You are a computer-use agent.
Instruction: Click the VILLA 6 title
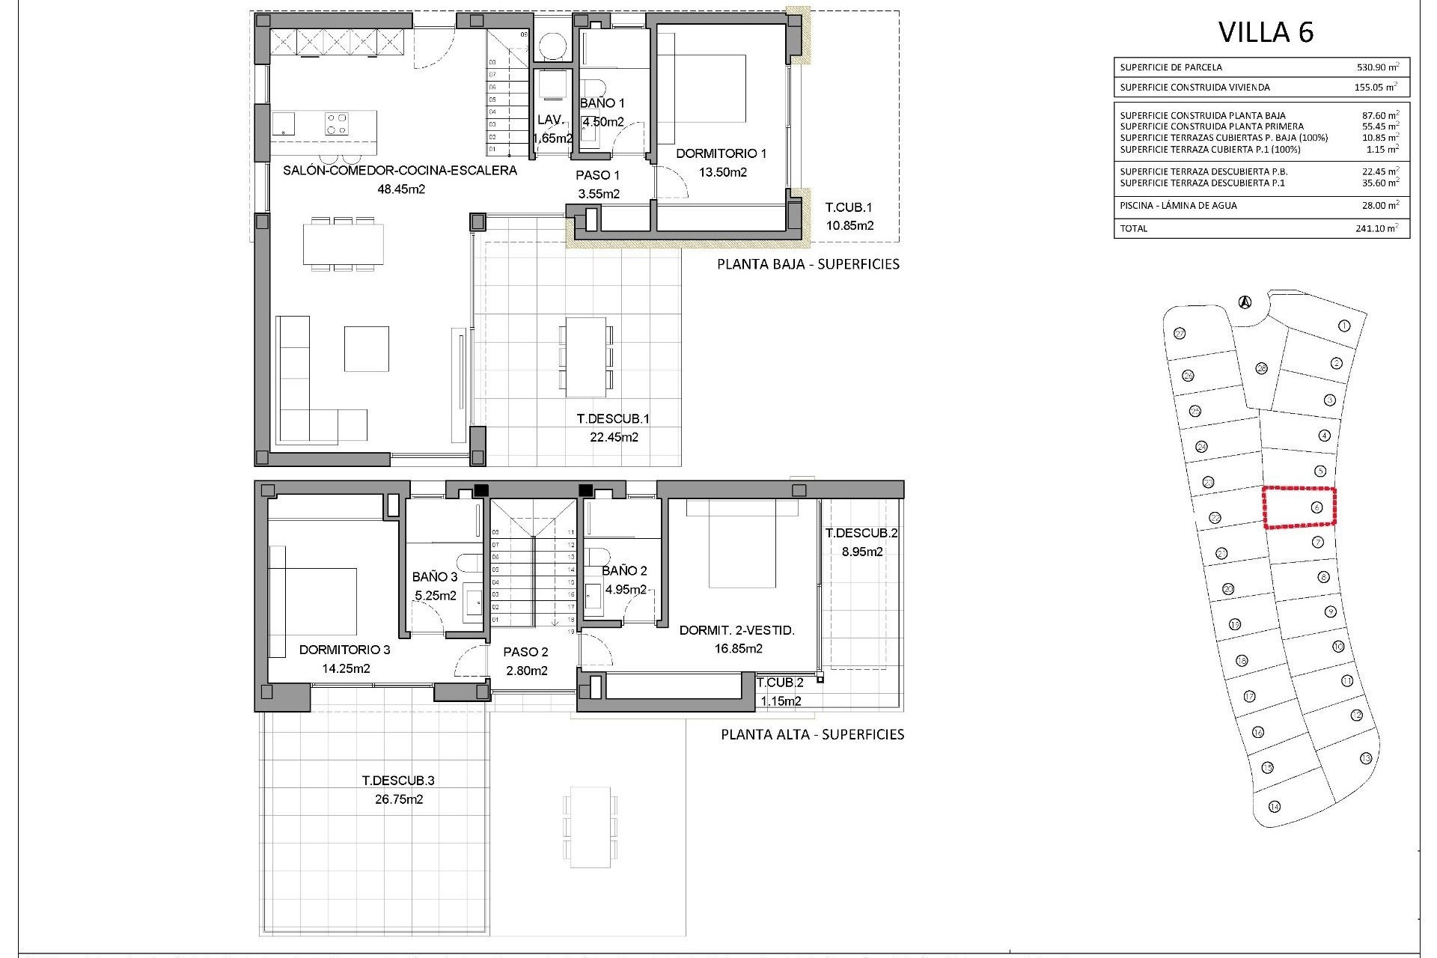point(1266,32)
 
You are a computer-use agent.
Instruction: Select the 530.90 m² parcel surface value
point(1378,67)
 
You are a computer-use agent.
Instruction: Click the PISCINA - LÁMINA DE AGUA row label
point(1178,205)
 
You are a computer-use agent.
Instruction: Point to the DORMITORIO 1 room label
point(721,153)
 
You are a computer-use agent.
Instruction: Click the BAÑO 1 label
point(602,103)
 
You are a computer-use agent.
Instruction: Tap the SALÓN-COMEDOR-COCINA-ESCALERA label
point(400,171)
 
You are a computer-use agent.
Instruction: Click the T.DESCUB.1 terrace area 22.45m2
point(613,438)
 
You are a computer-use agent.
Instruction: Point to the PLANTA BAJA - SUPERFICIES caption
point(808,264)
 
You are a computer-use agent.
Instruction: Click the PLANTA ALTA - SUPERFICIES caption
point(812,734)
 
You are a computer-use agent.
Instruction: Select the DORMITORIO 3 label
point(344,650)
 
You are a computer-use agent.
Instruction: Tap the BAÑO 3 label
point(434,577)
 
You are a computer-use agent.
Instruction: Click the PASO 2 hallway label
point(526,652)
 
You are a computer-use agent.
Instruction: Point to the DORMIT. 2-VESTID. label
point(736,630)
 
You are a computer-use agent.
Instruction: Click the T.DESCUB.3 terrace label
point(398,781)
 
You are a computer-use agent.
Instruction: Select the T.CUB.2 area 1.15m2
point(781,701)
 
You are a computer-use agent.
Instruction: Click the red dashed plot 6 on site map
point(1299,508)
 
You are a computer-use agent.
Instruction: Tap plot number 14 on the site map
point(1275,807)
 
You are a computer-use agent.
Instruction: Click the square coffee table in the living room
point(366,348)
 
